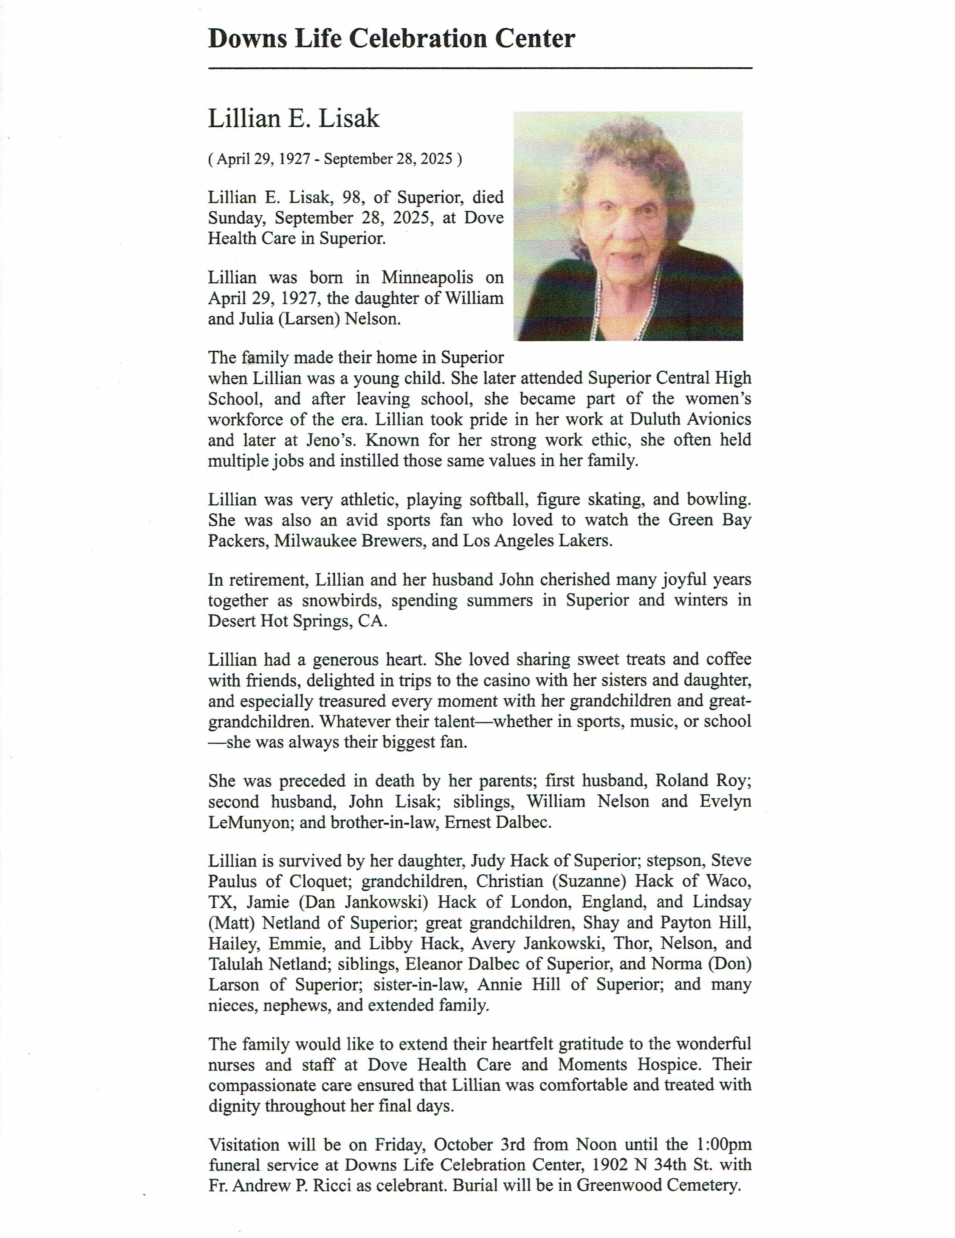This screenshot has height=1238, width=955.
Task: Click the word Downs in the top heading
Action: tap(247, 39)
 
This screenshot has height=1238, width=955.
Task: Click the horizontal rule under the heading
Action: tap(480, 68)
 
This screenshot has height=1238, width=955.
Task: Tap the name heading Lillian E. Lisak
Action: tap(294, 119)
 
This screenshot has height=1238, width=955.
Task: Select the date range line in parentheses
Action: tap(335, 159)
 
